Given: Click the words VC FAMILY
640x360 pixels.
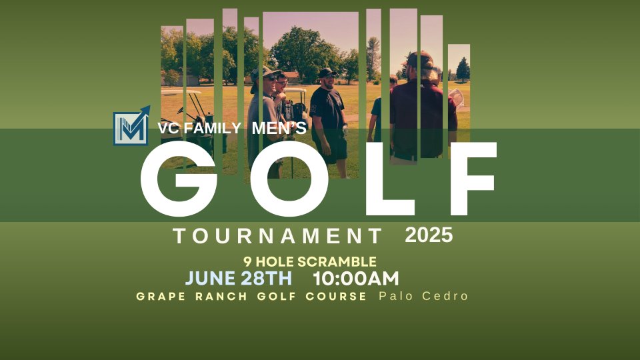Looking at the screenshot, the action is pos(199,128).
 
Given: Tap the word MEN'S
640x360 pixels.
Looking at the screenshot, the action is pos(279,128).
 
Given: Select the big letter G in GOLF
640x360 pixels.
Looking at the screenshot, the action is pos(179,179).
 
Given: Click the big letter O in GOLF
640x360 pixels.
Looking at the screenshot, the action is pos(289,179).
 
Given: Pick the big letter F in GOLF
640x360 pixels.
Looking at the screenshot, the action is pos(473,179).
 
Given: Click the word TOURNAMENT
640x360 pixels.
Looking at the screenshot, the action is pos(277,236).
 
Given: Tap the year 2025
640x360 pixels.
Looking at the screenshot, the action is pos(429,235).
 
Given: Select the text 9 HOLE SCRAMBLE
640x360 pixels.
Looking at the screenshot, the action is pos(310,261).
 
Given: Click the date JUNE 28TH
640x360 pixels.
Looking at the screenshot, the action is pos(239,279).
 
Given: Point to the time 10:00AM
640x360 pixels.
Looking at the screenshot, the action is pos(356,279).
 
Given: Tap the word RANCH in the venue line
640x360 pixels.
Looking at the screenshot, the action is pos(221,296).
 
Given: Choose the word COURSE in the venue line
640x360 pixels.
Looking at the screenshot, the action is pos(336,296).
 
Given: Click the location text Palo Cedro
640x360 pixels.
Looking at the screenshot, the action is pos(423,296).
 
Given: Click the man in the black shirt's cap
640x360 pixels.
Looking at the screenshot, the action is pos(328,73).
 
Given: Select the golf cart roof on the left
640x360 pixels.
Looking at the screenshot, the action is pos(181,92).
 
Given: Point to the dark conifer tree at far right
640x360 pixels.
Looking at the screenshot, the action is pos(463,69).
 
